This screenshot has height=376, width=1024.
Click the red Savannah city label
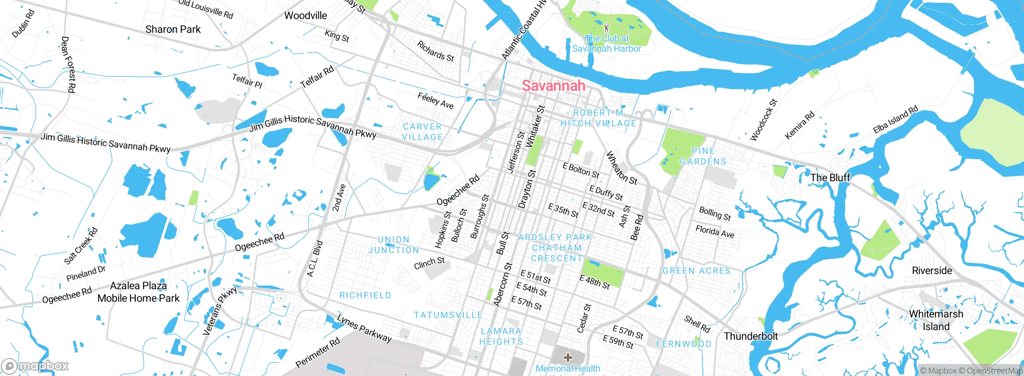(x=553, y=86)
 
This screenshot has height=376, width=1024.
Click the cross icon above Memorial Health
(x=568, y=357)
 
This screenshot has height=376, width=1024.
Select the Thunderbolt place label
(x=751, y=336)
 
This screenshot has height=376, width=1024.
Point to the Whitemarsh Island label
(x=936, y=320)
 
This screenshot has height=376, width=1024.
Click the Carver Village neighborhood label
(x=422, y=132)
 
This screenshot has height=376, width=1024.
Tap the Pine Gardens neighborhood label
(x=703, y=156)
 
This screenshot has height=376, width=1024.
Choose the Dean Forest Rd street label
(x=68, y=64)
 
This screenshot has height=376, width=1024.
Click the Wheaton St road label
(x=621, y=168)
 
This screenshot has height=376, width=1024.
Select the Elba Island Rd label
(x=895, y=120)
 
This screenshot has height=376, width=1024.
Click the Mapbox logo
(x=35, y=366)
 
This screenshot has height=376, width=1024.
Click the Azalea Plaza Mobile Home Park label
(x=138, y=292)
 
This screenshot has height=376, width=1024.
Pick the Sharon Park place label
(x=173, y=29)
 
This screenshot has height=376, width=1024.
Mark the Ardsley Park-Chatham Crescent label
(x=557, y=248)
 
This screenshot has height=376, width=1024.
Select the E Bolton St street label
(x=581, y=171)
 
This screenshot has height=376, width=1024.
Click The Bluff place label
(x=830, y=178)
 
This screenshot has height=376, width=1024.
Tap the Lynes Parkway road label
(x=364, y=328)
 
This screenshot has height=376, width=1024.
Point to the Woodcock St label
(x=763, y=120)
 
